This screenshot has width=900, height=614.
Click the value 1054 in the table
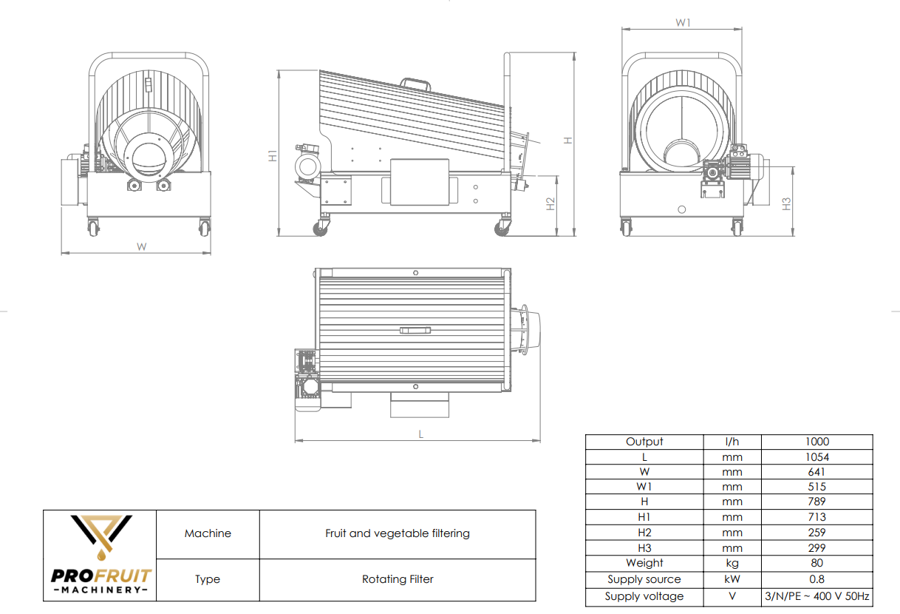pos(817,457)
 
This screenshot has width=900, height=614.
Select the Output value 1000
pos(817,442)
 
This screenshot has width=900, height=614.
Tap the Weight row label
pos(644,563)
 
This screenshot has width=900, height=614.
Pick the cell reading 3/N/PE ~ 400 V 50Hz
pos(817,596)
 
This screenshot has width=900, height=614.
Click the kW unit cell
pos(732,579)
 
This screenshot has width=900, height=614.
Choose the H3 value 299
pos(817,548)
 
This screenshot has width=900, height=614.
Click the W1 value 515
pos(817,487)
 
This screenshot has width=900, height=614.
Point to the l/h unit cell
pos(732,442)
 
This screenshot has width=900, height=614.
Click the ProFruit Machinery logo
pos(100,555)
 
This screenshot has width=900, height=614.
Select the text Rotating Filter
pos(398,579)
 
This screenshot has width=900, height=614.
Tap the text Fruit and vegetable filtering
pos(398,533)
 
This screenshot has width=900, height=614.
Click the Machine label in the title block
pos(208,533)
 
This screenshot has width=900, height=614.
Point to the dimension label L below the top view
pos(421,434)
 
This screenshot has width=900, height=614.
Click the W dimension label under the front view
pos(141,246)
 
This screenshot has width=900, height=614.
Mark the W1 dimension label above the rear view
pos(683,23)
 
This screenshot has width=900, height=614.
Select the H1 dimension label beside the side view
pos(273,156)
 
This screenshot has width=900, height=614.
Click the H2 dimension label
pos(550,204)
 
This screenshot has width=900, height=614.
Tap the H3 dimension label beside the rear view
pos(787,203)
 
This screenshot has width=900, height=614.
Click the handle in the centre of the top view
pos(414,330)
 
